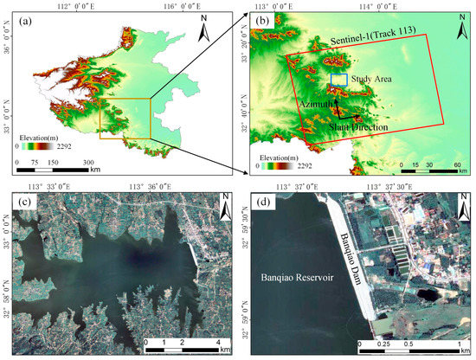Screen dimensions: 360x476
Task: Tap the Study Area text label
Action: (370, 79)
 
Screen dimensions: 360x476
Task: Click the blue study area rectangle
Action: (338, 80)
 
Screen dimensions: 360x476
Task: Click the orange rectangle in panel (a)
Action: (125, 118)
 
